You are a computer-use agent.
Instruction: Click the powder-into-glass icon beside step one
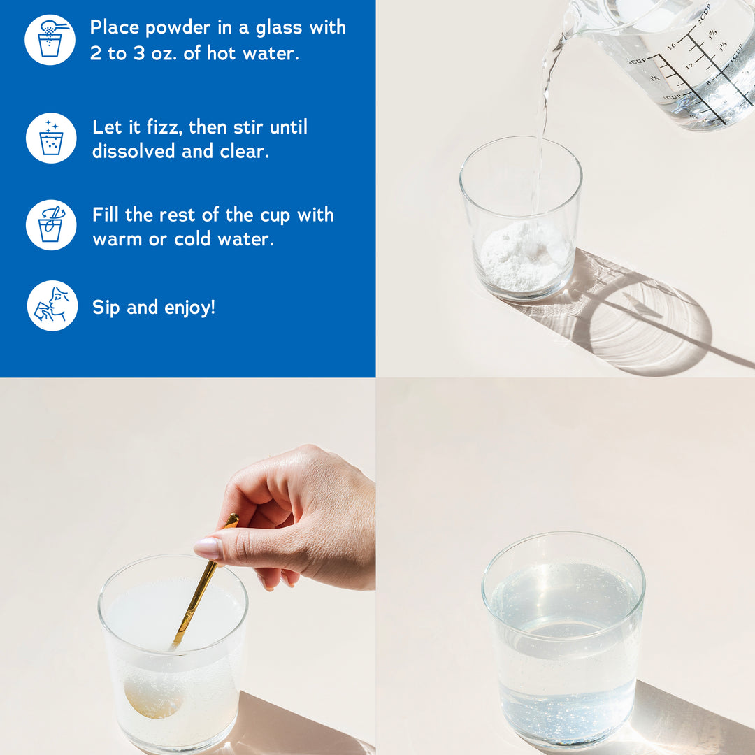50,39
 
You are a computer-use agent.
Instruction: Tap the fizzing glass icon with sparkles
51,138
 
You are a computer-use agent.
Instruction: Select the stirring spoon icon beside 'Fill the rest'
51,225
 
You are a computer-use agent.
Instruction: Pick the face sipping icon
52,305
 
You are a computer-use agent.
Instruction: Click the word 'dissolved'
134,151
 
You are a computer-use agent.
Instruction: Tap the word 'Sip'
106,308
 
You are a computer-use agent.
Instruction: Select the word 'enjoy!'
189,308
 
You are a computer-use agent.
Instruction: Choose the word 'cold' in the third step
192,239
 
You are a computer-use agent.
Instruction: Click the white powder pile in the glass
525,257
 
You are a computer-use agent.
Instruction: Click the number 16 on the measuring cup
673,45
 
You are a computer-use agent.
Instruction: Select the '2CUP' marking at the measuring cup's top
703,15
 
